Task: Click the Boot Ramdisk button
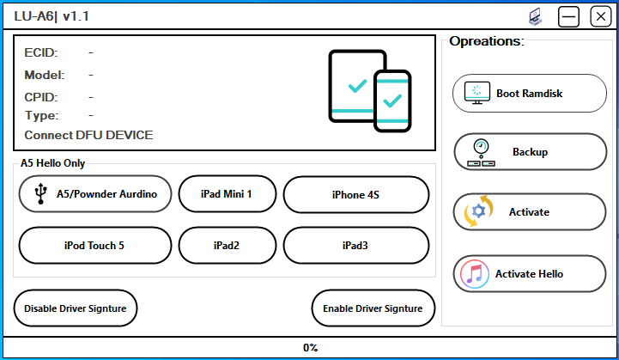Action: click(529, 93)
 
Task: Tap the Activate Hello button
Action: click(529, 274)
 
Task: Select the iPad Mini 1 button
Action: click(227, 194)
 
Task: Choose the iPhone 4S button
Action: click(355, 194)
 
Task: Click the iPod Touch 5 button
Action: click(94, 245)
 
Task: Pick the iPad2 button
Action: click(227, 245)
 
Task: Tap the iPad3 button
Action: click(355, 245)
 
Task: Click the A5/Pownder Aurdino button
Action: click(94, 194)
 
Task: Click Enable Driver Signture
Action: click(373, 308)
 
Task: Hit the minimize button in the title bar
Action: click(569, 16)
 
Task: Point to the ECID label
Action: click(41, 53)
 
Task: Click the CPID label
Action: click(41, 97)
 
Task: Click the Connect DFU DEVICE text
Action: click(88, 135)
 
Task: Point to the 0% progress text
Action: click(310, 348)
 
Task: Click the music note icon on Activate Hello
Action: click(475, 274)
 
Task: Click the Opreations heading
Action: click(486, 41)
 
